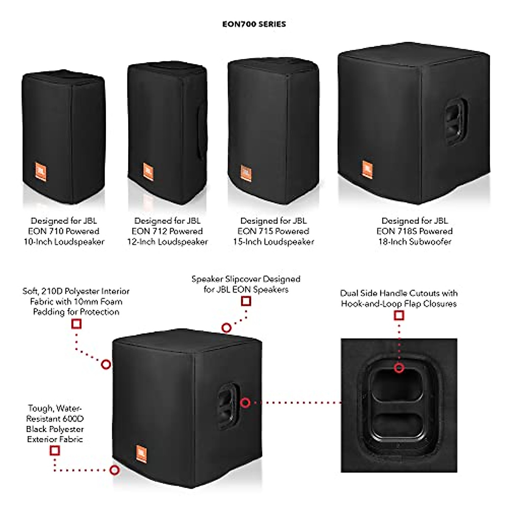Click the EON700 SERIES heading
(254, 24)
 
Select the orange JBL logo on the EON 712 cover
(148, 171)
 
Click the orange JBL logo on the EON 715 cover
(246, 173)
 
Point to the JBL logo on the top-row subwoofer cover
(367, 170)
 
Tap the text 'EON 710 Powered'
(63, 231)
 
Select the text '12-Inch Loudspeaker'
(168, 242)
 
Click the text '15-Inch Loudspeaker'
(273, 242)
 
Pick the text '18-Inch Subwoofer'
(415, 242)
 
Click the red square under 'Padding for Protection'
(77, 324)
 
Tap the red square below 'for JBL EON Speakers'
(246, 301)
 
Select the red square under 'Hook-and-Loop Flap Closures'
(399, 315)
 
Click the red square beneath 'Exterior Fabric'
(55, 451)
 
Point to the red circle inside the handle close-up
(399, 368)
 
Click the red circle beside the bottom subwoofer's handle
(245, 403)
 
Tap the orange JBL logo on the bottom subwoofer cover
(141, 454)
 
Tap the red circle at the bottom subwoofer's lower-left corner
(114, 470)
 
